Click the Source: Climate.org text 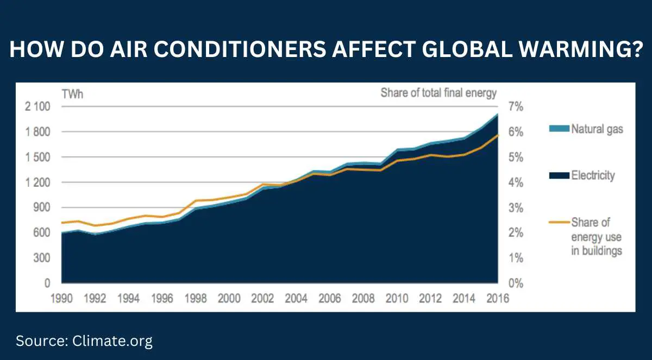(x=84, y=341)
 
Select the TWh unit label (x=72, y=93)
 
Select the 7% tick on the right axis (x=516, y=106)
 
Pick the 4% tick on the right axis (x=516, y=182)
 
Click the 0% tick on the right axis (x=516, y=283)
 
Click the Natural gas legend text (x=597, y=129)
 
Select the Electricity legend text (x=593, y=175)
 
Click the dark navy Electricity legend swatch (x=560, y=175)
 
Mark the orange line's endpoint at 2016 (x=498, y=135)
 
